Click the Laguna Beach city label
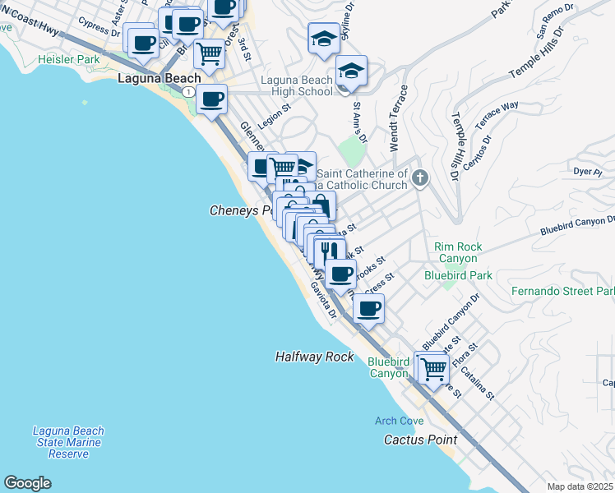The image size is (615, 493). tap(160, 79)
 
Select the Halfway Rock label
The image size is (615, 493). tap(314, 357)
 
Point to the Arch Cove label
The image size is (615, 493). tap(399, 421)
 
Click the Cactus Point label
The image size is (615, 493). tap(420, 440)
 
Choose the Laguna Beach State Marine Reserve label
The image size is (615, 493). tap(68, 442)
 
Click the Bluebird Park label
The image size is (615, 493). tap(458, 275)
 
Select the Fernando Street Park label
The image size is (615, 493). tap(562, 292)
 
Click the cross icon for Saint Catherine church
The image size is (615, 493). tap(419, 177)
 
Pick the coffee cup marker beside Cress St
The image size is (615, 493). tap(368, 308)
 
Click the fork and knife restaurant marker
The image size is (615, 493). tap(330, 251)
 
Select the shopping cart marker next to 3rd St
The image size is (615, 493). tap(210, 53)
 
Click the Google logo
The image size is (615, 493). tap(27, 483)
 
